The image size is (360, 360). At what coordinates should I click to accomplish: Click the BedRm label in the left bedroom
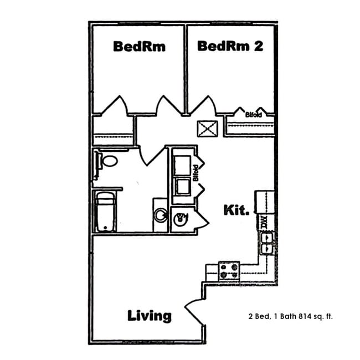point(139,46)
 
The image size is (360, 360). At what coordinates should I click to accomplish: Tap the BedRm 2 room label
point(229,46)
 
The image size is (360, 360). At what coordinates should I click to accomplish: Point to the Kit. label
point(236,210)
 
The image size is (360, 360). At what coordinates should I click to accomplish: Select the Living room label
point(150,316)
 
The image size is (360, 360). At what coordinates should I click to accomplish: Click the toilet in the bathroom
point(107,162)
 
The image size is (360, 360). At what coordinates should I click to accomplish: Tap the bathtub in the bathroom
point(105,212)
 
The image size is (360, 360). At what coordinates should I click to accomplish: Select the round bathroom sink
point(160,215)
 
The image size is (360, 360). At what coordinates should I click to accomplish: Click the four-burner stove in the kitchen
point(228,270)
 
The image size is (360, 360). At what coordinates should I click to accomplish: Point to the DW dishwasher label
point(264,223)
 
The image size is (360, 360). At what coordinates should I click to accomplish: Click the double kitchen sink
point(266,243)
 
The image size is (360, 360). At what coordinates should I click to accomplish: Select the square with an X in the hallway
point(208,129)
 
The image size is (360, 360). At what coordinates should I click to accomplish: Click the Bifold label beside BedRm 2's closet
point(254,114)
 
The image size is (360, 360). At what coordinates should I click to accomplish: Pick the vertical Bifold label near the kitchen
point(195,173)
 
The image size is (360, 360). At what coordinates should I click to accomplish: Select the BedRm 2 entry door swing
point(203,106)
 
